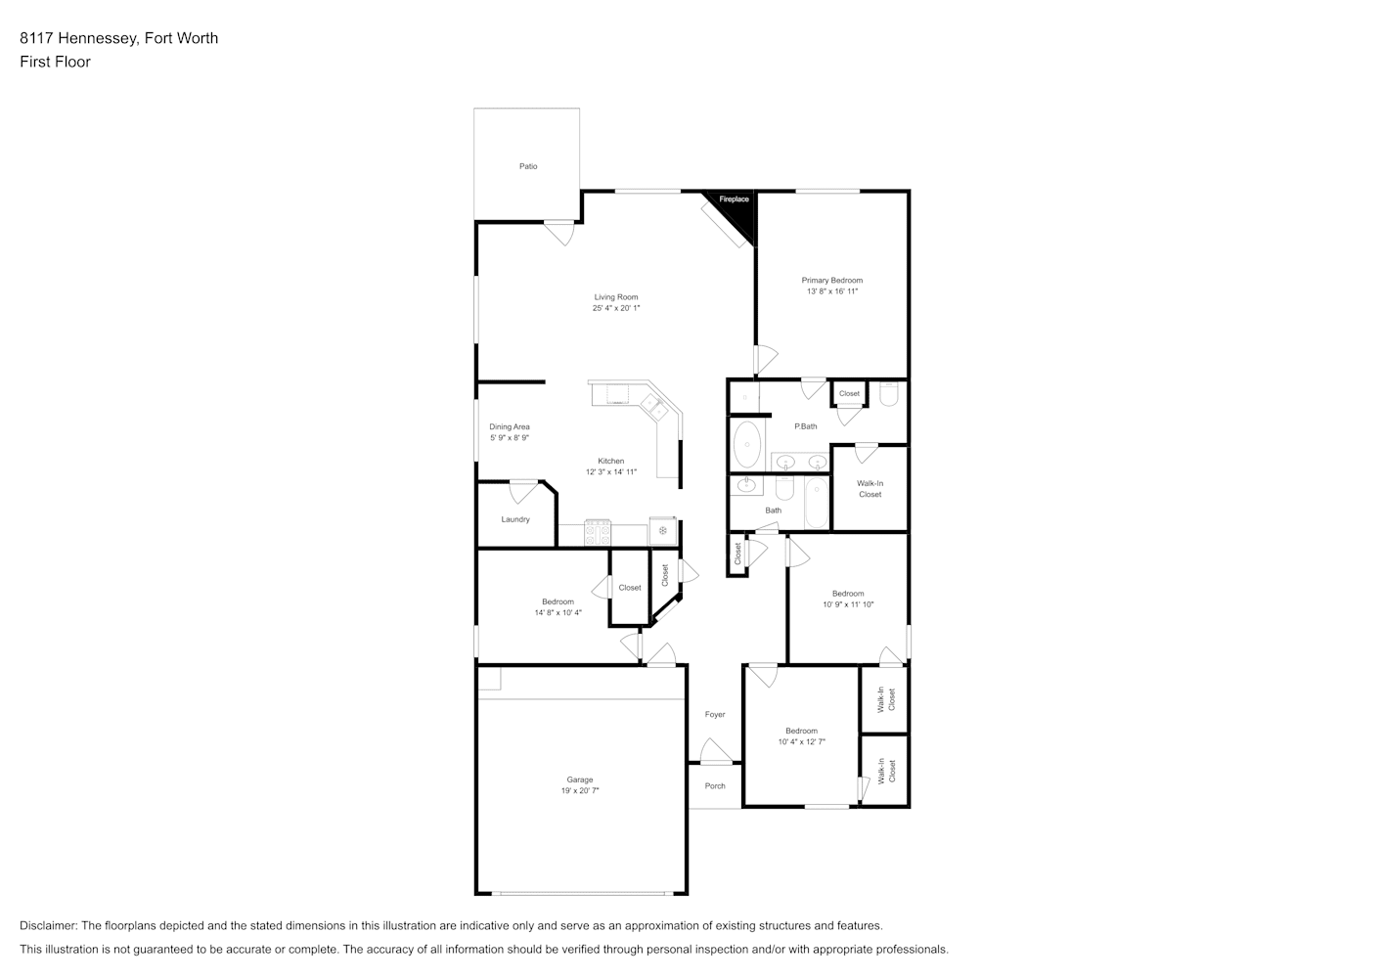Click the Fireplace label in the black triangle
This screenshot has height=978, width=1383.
735,200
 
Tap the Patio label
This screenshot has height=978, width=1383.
528,166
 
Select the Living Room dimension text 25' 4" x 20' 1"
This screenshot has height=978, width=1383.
616,308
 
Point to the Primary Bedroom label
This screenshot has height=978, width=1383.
832,281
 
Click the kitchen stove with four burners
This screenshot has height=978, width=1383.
598,533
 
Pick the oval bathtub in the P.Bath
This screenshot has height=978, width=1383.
747,445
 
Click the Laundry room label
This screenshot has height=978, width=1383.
515,520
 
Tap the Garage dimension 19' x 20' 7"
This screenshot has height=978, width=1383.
580,791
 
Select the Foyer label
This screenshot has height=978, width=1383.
715,714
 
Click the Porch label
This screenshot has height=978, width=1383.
715,786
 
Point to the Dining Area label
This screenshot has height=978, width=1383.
510,426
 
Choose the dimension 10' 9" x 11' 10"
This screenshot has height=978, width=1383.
848,604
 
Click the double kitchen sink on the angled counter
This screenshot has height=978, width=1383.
653,408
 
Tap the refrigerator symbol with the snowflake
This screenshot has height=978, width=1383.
662,531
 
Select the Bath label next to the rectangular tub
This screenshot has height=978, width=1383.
773,511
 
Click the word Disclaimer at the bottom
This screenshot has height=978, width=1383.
48,925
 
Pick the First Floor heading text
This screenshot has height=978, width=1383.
55,62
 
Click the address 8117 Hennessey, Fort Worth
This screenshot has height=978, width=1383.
119,38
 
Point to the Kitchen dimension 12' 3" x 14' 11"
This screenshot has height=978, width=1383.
611,472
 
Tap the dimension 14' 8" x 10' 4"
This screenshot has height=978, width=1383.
558,613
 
